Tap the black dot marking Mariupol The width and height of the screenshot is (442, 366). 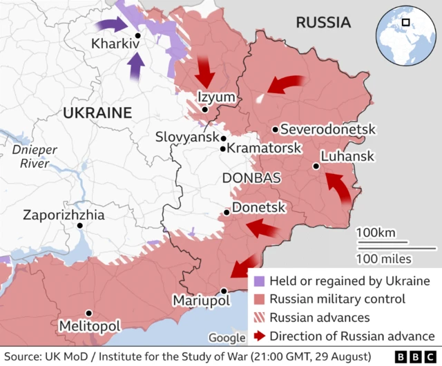224,291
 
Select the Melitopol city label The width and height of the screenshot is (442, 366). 90,325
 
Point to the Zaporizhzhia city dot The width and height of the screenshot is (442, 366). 81,225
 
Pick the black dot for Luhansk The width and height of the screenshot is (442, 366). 316,166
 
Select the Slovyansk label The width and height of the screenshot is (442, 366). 186,137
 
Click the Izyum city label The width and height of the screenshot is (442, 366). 216,97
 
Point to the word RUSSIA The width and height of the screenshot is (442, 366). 323,23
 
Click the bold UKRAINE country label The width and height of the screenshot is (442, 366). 97,113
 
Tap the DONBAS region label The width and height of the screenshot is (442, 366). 251,177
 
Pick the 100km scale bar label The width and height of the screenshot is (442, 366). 376,232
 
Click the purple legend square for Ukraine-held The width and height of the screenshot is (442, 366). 259,282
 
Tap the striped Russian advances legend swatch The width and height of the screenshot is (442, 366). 259,318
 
